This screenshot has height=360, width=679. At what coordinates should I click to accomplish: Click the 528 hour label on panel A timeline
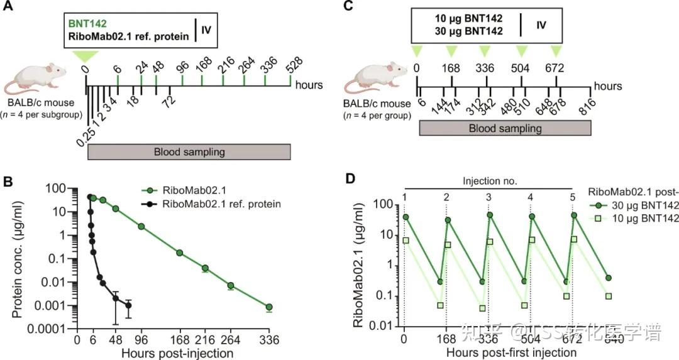[x=294, y=63]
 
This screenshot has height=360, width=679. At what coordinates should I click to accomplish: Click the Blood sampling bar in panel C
[x=505, y=128]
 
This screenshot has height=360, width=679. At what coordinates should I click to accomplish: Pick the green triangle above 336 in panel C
[x=485, y=51]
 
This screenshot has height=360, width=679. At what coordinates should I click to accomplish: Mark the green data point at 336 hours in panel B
[x=269, y=307]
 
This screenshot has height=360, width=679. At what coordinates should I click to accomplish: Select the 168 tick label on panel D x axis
[x=446, y=340]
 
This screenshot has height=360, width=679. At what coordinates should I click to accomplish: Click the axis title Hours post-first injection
[x=511, y=352]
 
